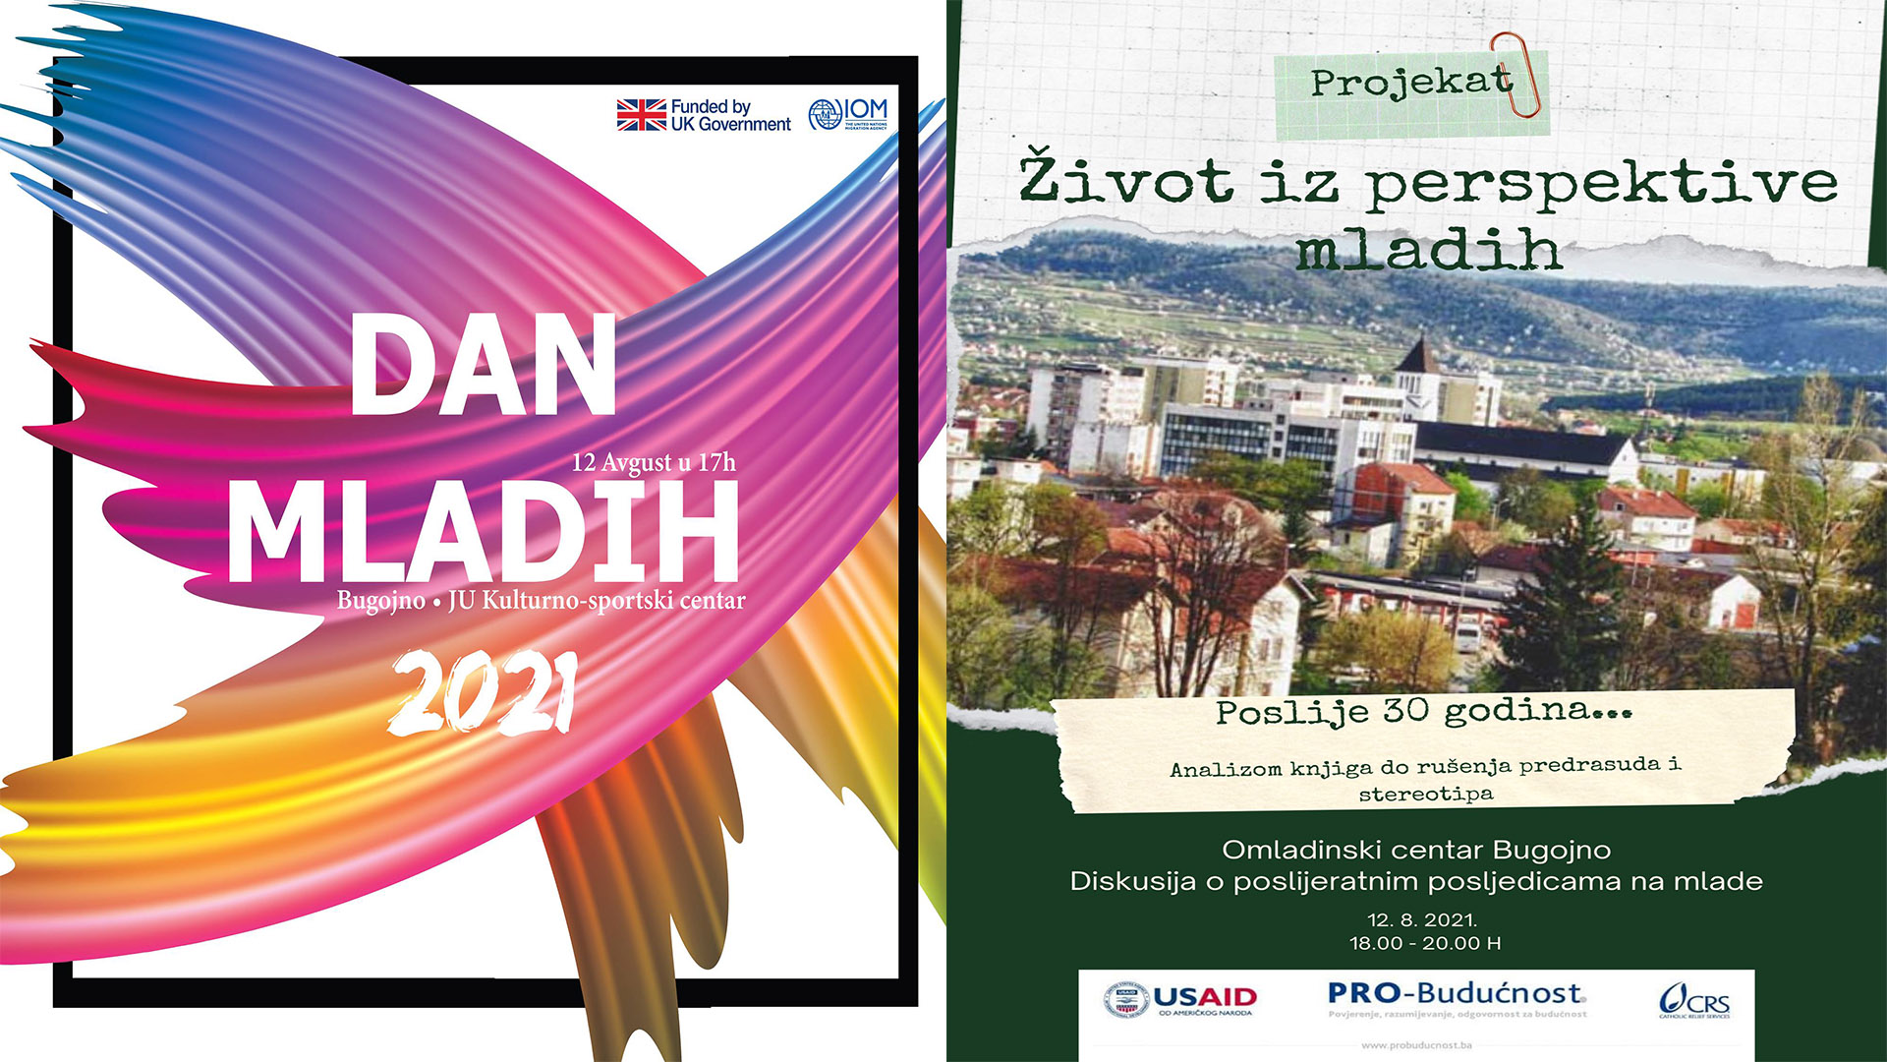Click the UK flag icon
coord(641,115)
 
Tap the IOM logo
coord(847,114)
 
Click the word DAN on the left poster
coord(483,366)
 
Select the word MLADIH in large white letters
coord(483,533)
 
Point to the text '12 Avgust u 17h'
coord(654,463)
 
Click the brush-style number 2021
coord(483,695)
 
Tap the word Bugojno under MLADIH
coord(380,601)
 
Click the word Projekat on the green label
coord(1410,83)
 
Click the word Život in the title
coord(1125,181)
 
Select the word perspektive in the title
coord(1600,183)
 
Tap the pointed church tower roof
coord(1416,355)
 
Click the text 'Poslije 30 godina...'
coord(1423,711)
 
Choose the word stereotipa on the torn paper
coord(1425,794)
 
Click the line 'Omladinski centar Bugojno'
coord(1416,850)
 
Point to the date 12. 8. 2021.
coord(1422,920)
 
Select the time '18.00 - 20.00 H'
coord(1424,943)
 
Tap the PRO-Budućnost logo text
coord(1456,993)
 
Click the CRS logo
coord(1694,1002)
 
